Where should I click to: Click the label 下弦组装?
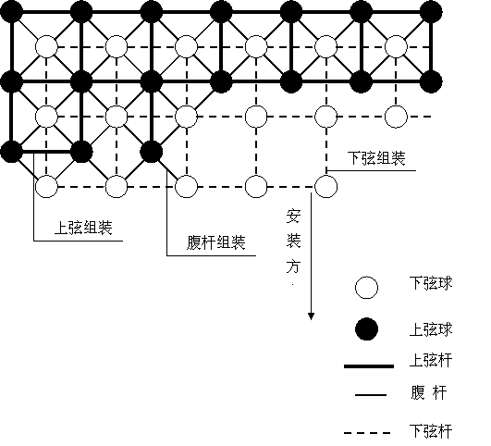[376, 158]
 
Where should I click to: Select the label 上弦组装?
[83, 228]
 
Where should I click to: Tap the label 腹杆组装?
[216, 242]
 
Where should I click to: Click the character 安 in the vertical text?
[293, 217]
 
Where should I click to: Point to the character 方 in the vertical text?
[293, 266]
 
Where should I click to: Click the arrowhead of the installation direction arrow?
[311, 316]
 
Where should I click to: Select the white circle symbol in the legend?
[366, 288]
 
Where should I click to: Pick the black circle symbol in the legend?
[366, 329]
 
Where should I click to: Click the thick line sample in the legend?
[369, 366]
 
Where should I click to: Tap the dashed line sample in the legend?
[367, 433]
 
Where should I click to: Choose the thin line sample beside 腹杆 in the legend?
[371, 395]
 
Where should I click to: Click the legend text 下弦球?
[431, 283]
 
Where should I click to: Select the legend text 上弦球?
[431, 329]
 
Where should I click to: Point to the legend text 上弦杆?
[431, 360]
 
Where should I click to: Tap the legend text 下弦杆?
[431, 431]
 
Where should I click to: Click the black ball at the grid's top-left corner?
[12, 12]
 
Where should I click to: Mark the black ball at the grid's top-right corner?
[431, 12]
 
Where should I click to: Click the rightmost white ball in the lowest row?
[326, 187]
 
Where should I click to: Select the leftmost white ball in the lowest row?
[46, 187]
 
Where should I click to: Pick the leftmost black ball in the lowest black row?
[12, 152]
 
